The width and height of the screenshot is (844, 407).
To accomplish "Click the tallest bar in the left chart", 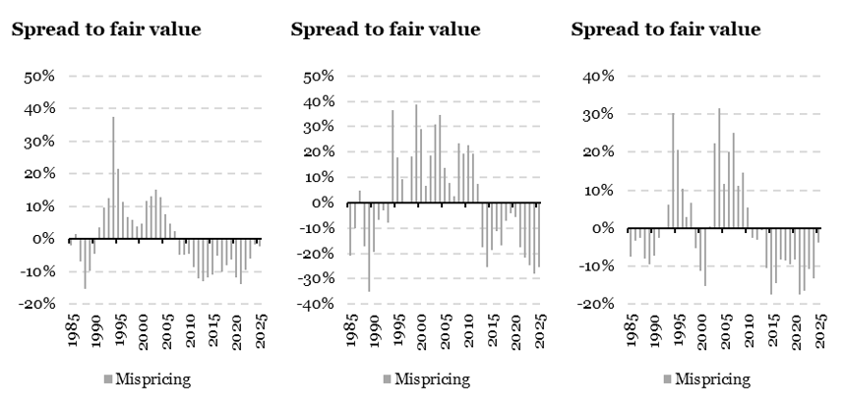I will coord(113,177).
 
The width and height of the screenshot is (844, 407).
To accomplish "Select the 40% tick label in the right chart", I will coord(597,76).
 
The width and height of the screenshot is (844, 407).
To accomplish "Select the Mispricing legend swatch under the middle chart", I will coord(387,378).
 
